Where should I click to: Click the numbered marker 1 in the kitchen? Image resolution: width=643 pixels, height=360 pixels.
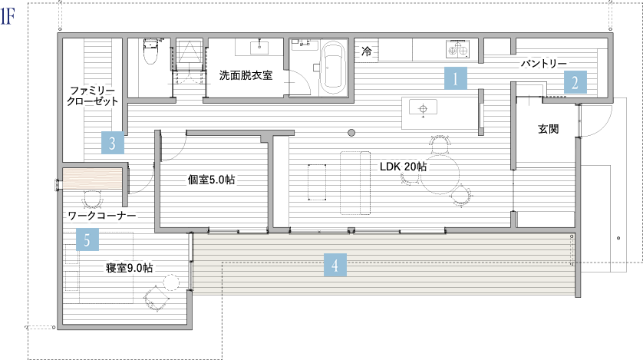coord(456,78)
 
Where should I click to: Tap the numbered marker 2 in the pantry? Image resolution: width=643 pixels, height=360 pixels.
coord(575,82)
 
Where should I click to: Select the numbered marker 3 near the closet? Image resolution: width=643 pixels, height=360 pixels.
coord(113,143)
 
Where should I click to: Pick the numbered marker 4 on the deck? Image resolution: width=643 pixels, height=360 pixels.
coord(335,265)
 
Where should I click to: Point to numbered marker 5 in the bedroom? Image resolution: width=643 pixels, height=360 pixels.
coord(87,239)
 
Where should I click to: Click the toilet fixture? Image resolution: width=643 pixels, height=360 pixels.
coord(150,51)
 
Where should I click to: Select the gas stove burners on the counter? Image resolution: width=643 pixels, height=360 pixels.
coord(457,49)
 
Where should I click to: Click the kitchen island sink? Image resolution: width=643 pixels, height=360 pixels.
coord(424,108)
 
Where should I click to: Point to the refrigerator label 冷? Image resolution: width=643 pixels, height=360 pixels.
coord(366,51)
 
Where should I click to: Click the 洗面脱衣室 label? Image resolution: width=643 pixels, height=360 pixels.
coord(246,75)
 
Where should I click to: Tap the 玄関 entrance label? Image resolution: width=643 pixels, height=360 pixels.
coord(549,129)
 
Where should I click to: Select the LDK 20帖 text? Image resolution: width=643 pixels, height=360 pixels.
coord(403,167)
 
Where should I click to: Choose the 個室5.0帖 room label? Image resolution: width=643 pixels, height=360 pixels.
coord(212,180)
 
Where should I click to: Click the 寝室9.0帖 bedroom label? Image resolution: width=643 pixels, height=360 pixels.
coord(130,268)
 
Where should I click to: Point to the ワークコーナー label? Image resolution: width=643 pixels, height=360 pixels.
coord(102,216)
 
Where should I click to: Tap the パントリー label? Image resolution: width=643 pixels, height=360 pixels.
coord(544,64)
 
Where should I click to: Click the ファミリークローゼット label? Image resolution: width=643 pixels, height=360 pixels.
coord(92,95)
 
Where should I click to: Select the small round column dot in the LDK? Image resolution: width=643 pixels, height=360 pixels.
coord(351,133)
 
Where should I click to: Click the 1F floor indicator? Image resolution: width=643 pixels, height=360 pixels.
coord(8,17)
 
